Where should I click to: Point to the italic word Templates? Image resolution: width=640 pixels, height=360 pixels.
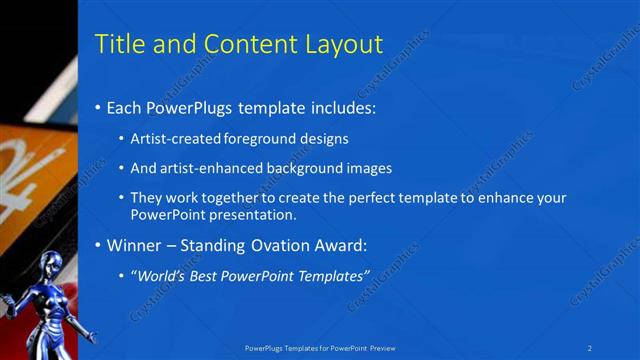(x=334, y=274)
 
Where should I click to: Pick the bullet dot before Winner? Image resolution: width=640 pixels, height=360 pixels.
(x=97, y=245)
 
